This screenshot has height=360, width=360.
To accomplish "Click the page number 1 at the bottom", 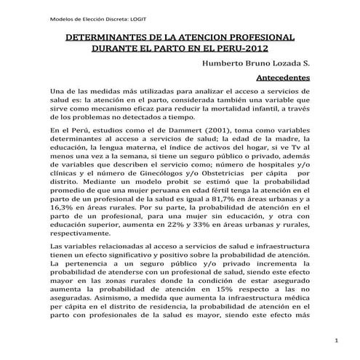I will point(337,340).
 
